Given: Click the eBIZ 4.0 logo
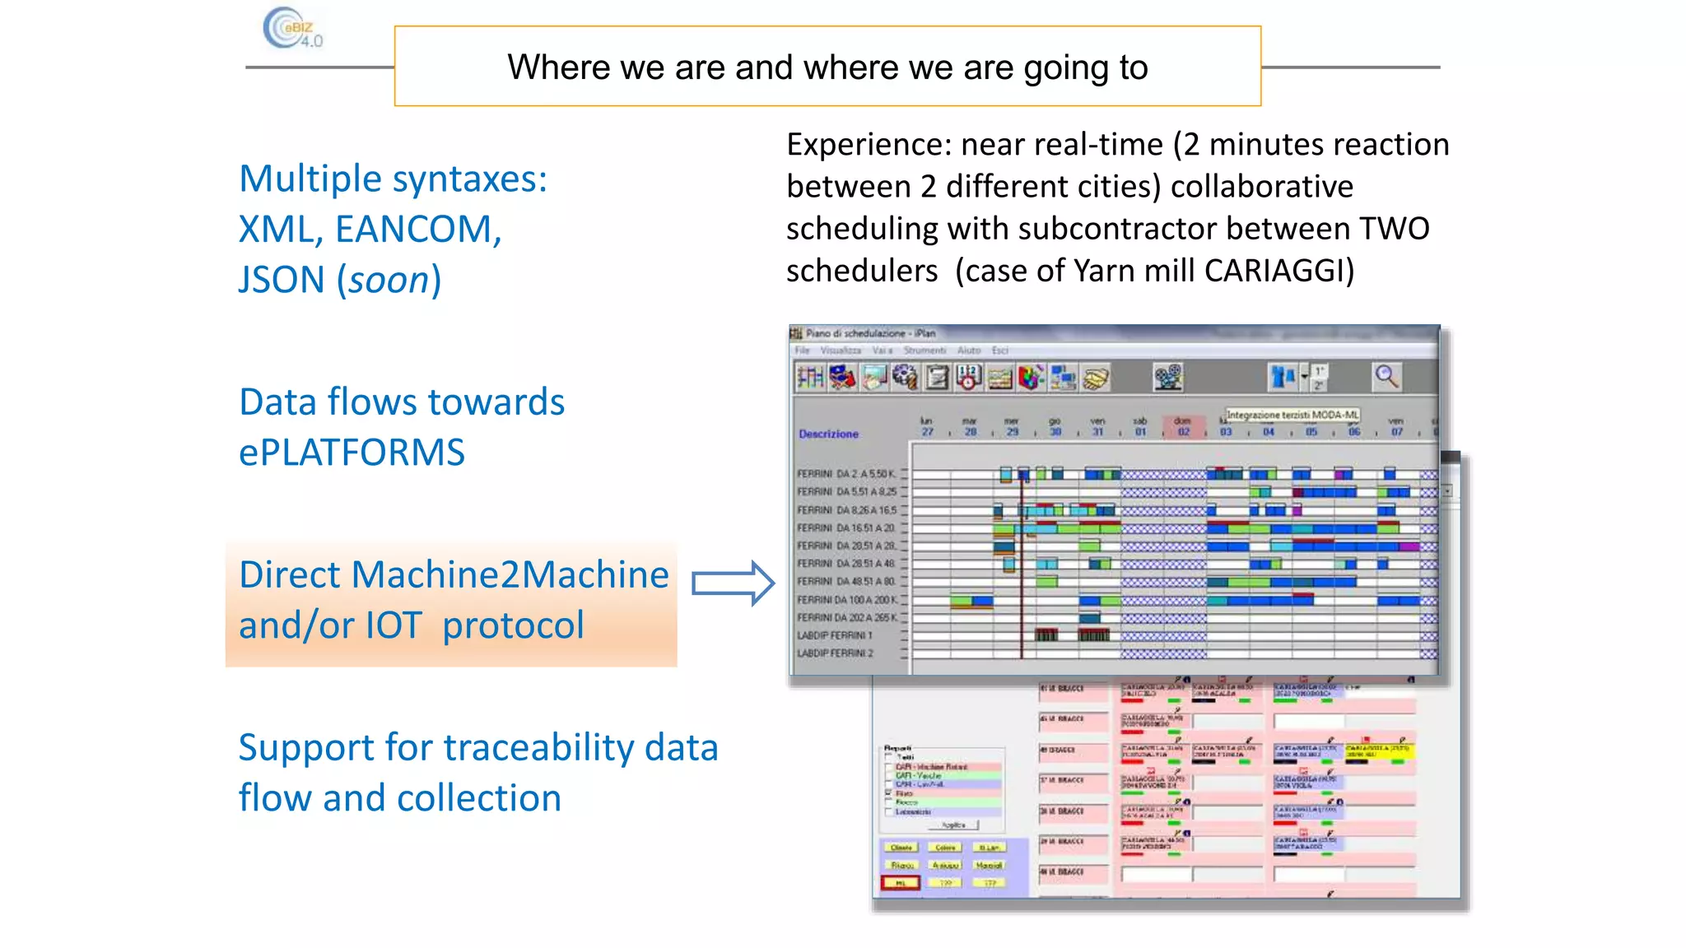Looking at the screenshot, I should tap(292, 29).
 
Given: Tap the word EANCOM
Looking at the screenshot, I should tap(417, 230).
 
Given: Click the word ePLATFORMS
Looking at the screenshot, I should tap(352, 453).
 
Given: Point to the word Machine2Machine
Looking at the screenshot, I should tap(510, 574).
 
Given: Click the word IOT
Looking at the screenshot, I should tap(394, 625).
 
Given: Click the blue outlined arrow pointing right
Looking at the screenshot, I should tap(732, 583).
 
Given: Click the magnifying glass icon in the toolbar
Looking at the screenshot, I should tap(1386, 377).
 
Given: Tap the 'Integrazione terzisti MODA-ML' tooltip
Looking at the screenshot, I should tap(1292, 415).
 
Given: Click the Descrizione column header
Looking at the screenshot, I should tap(828, 434).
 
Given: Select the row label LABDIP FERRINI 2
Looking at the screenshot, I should tap(835, 653).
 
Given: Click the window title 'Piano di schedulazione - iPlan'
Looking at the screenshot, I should tap(870, 333).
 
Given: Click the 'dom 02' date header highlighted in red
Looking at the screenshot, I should tap(1183, 425).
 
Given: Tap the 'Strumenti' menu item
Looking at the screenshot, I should tap(925, 351).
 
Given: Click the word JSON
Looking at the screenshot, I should tap(282, 281).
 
